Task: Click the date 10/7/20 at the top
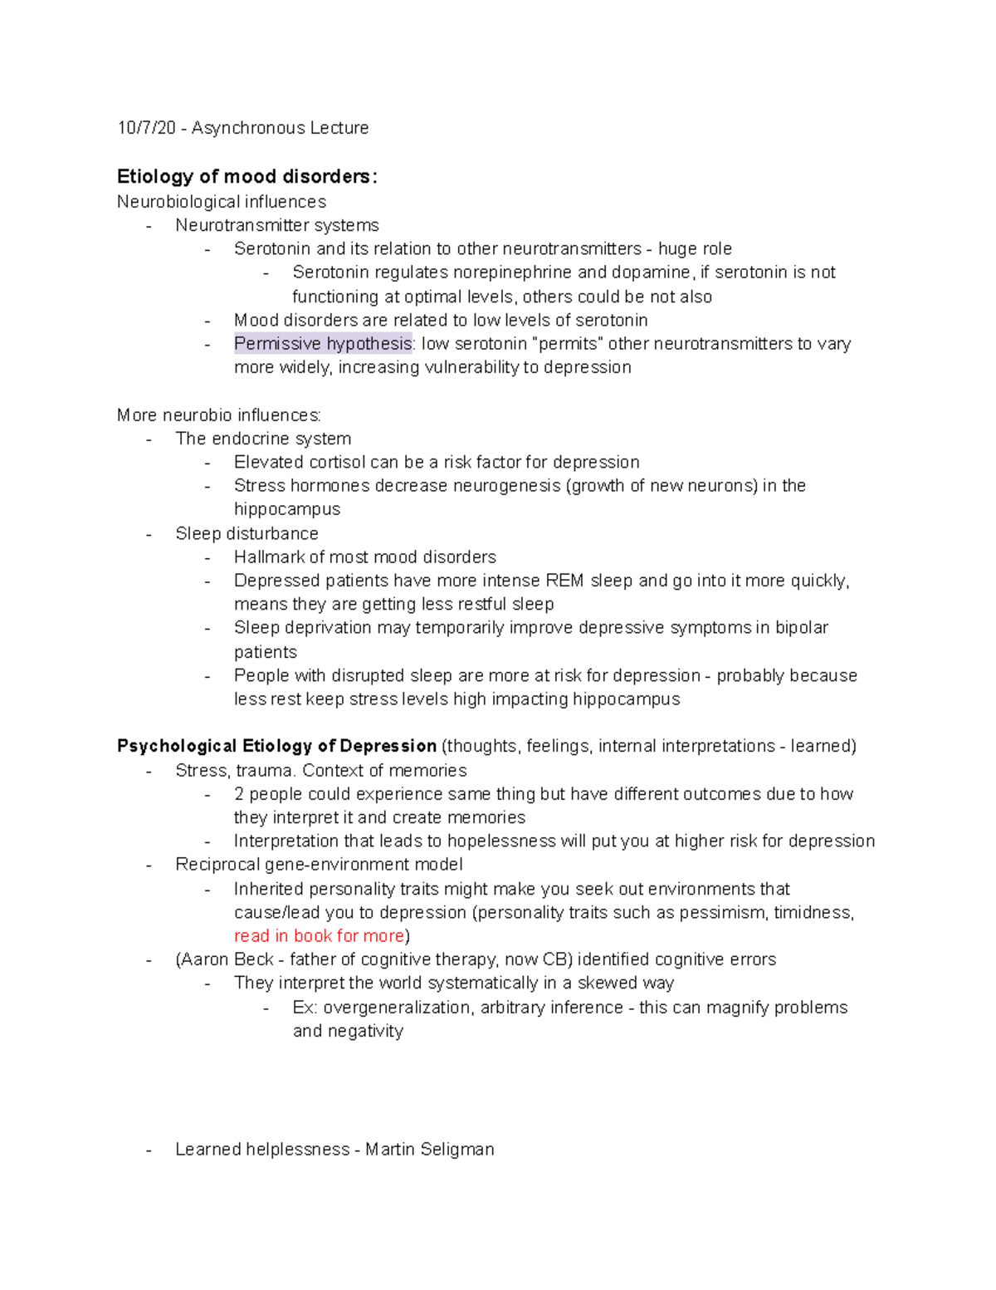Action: tap(146, 128)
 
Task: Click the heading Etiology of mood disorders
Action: tap(247, 177)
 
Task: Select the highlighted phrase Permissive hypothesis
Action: tap(323, 344)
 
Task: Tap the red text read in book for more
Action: tap(319, 936)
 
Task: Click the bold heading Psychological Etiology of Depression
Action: tap(276, 746)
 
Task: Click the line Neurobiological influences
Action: tap(222, 202)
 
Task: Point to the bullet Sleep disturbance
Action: tap(247, 533)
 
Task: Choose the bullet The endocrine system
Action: tap(263, 439)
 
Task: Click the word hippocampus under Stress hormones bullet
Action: tap(286, 509)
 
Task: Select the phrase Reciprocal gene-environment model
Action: tap(319, 865)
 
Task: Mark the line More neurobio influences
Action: tap(219, 415)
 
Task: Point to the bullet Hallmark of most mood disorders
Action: tap(364, 557)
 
